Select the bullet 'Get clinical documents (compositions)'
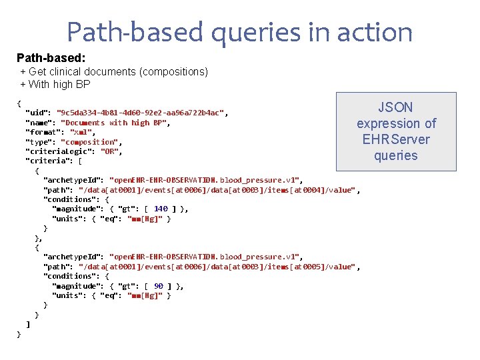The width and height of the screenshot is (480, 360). [118, 71]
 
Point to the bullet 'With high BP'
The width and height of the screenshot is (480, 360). [59, 84]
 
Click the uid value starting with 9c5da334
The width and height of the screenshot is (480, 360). [141, 113]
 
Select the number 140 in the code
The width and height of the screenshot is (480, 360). [161, 209]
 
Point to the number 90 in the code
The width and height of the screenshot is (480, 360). [158, 286]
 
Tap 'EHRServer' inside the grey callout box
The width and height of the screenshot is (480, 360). [396, 139]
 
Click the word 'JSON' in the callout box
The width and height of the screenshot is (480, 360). [396, 107]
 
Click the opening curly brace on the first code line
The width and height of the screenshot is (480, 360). [19, 103]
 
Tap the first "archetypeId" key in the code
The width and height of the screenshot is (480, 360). [73, 180]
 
